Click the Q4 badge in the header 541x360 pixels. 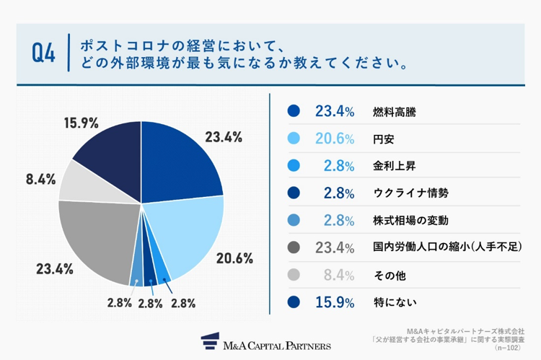[x=44, y=54]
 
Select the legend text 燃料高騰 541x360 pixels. [x=395, y=112]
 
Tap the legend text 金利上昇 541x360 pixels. [x=395, y=166]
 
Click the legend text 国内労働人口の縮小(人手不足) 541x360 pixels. [x=447, y=247]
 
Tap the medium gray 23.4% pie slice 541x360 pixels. [x=97, y=238]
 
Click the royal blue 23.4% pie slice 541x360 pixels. [x=180, y=159]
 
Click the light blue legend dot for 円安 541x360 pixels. [x=293, y=139]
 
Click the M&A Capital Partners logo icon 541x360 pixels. [x=210, y=341]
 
